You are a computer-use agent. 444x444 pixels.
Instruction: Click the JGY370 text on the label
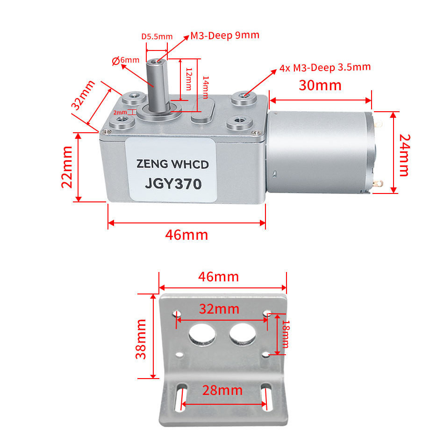173,184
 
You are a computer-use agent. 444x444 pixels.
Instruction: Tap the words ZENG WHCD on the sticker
172,165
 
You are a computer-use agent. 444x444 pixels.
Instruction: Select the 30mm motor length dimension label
320,85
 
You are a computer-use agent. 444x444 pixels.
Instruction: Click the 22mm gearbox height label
67,166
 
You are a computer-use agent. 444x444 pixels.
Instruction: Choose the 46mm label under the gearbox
186,235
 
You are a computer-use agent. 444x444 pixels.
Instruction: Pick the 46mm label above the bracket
218,277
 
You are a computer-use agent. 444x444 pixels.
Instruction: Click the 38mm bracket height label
141,338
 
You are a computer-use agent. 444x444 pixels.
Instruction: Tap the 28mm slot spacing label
222,390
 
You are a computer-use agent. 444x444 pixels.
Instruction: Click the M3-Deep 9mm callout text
224,36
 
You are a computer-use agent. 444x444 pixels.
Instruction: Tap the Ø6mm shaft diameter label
126,60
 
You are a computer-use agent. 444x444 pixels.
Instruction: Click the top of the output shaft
156,61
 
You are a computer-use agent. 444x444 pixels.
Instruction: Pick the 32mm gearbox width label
83,95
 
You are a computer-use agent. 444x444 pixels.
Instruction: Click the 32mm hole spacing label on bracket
219,309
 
